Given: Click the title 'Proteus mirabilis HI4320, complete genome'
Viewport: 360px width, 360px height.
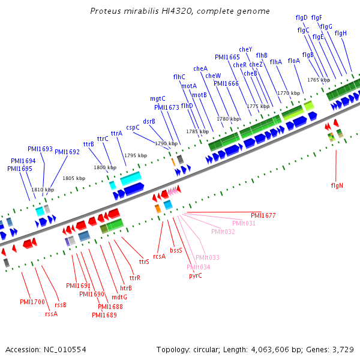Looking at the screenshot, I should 180,11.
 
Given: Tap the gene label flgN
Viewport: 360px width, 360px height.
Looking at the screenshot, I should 337,185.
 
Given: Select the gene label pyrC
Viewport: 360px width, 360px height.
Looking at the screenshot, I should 196,276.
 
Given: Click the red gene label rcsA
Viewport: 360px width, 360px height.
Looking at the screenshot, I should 159,257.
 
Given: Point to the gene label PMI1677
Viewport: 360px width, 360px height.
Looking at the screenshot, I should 263,215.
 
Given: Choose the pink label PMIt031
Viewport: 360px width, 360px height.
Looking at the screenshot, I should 244,223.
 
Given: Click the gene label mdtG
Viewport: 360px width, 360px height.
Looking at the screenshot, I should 119,297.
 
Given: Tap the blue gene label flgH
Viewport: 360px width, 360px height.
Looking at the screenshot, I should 340,34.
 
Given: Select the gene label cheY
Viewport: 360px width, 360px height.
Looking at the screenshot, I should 245,49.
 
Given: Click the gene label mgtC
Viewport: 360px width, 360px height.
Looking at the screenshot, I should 158,98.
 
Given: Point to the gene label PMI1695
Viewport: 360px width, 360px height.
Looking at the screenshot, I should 20,169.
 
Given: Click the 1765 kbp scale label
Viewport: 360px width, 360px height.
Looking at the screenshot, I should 319,80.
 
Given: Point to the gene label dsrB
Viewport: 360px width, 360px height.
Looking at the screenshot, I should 149,121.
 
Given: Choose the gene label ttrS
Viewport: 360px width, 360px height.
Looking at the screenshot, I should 144,262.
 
